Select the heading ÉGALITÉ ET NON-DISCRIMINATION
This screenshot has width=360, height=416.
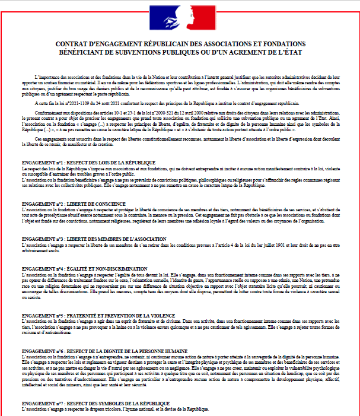tap(104, 268)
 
